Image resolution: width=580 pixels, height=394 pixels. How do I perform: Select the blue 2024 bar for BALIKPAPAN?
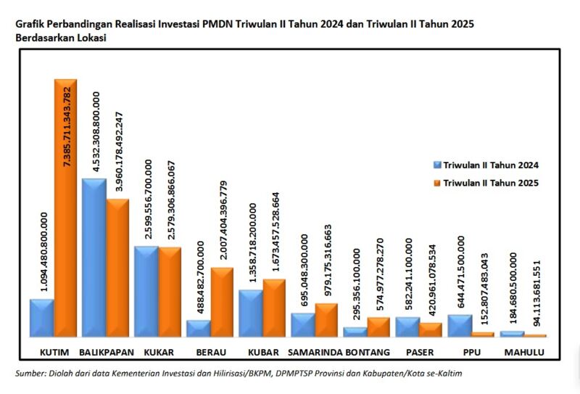point(94,258)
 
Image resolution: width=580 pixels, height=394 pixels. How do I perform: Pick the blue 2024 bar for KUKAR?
point(146,291)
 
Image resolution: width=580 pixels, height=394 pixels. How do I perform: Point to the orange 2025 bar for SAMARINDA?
point(326,320)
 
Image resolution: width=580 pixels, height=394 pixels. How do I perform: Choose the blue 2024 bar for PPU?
point(459,325)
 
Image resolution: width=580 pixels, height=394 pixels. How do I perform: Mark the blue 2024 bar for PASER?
point(407,327)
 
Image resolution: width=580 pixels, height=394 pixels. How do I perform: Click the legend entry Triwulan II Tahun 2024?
point(490,165)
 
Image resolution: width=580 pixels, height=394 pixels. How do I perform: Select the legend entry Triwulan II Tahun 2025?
point(490,182)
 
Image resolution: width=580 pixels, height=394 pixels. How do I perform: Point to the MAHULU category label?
point(523,353)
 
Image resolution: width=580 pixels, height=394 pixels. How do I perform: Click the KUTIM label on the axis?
point(54,353)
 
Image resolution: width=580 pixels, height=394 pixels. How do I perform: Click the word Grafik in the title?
point(30,25)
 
